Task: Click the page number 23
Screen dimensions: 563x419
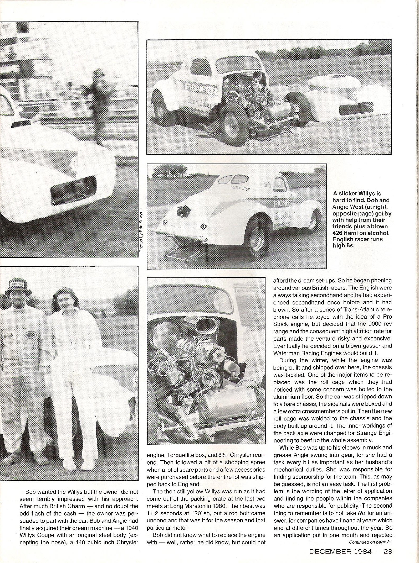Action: coord(387,551)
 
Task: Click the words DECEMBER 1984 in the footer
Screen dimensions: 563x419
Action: coord(340,551)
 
